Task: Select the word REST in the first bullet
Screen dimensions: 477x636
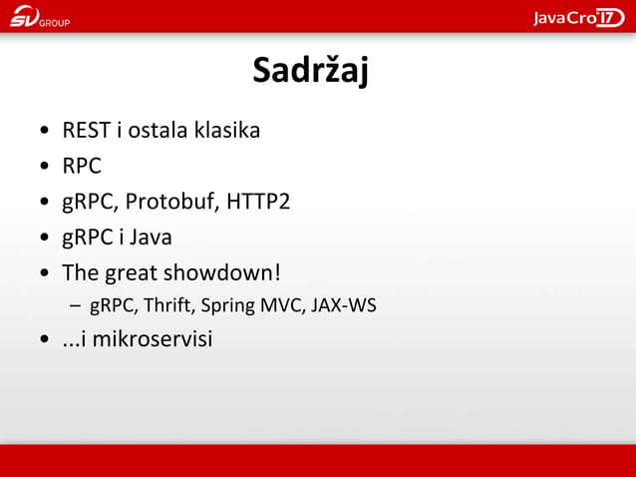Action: (87, 131)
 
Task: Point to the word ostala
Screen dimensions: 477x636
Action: (159, 131)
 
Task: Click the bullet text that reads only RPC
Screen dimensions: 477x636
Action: (82, 166)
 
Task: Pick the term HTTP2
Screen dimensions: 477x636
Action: (258, 202)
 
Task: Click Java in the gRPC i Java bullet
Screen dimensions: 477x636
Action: (150, 238)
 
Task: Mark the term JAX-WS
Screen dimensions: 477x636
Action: (344, 305)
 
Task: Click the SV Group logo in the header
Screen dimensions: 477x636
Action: (40, 18)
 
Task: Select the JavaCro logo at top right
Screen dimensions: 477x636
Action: (578, 17)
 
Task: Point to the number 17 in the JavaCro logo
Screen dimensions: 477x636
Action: (610, 17)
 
